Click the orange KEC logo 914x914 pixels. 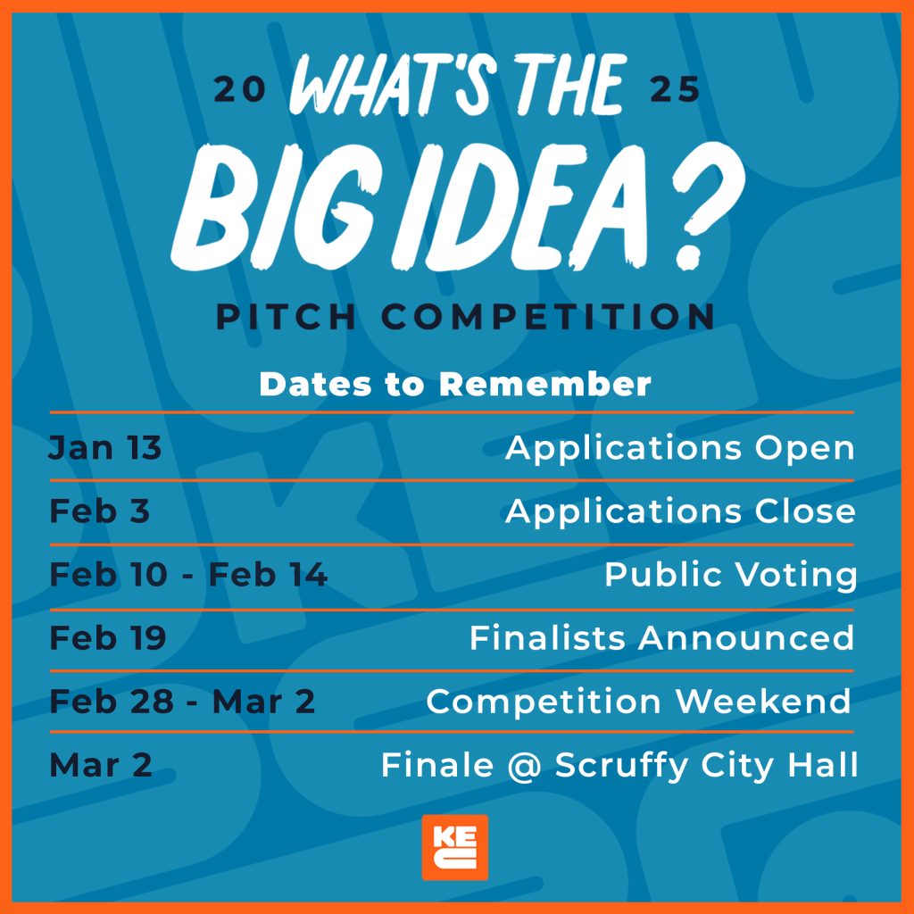[454, 847]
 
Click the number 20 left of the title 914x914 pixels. [239, 90]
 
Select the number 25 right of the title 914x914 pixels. [675, 90]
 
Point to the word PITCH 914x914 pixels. [286, 317]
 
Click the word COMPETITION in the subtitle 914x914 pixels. [548, 317]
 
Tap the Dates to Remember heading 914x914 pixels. [454, 384]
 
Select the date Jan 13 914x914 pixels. [105, 448]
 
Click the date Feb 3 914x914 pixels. [100, 511]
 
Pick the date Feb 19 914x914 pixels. [108, 637]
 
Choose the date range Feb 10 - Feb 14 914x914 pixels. [188, 575]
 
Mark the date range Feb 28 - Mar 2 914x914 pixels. [182, 702]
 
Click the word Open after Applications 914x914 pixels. [804, 449]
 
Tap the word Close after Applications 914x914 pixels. [805, 511]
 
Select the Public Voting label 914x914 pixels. [731, 576]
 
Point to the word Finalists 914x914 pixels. [547, 637]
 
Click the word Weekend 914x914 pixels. [763, 702]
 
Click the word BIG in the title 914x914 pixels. [273, 207]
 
